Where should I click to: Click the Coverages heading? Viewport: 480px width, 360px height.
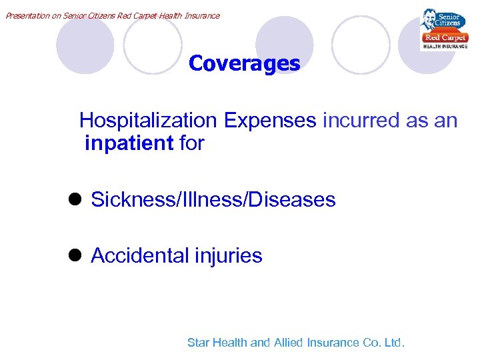coord(244,63)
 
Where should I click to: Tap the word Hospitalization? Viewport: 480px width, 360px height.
coord(148,121)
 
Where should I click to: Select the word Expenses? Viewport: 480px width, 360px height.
coord(270,121)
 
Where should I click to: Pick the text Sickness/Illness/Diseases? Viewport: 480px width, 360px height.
coord(213,199)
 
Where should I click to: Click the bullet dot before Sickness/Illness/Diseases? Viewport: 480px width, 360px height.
coord(73,199)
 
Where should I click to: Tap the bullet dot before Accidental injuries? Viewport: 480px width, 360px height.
coord(73,255)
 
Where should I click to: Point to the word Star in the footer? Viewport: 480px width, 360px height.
coord(198,343)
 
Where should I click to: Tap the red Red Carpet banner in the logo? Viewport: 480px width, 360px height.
coord(444,37)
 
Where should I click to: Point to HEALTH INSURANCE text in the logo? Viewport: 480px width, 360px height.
coord(445,47)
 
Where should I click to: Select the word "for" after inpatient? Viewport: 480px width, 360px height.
coord(192,143)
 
